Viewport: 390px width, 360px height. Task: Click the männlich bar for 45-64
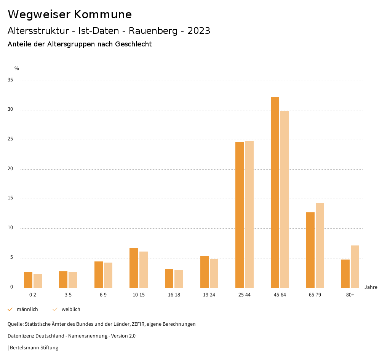(275, 192)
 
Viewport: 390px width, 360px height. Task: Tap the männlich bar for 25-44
(240, 215)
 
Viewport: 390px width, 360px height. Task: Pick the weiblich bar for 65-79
(320, 245)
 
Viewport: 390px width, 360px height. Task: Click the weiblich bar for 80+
(355, 266)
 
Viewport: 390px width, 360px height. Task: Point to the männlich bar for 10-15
(134, 268)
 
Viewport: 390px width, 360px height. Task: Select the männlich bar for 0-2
(28, 280)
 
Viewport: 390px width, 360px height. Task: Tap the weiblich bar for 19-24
(214, 273)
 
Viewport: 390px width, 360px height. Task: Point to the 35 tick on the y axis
(10, 80)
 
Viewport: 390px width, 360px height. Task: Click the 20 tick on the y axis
(10, 169)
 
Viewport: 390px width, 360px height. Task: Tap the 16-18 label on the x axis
(174, 295)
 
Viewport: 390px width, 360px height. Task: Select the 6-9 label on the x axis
(103, 295)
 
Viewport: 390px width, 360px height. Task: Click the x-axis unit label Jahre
(371, 287)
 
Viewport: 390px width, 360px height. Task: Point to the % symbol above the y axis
(16, 68)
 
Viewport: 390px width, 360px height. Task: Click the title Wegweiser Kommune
(70, 14)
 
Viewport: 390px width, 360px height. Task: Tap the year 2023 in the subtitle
(198, 31)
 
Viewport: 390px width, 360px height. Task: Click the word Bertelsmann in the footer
(24, 347)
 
